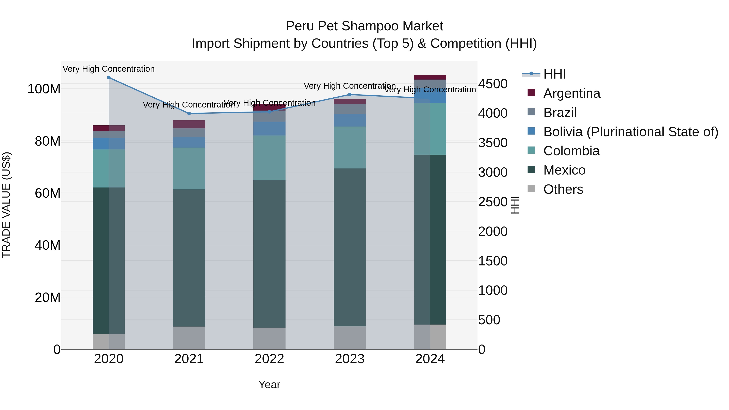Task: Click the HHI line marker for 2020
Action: coord(109,78)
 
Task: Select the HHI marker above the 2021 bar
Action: coord(189,113)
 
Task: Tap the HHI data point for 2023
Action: coord(350,95)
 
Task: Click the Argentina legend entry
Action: coord(571,93)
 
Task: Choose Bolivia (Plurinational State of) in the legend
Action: coord(631,132)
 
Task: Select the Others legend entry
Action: coord(563,189)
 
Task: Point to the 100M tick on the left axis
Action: coord(44,89)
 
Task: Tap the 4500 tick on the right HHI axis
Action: coord(493,84)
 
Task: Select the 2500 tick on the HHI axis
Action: coord(493,202)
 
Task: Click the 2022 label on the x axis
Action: coord(269,359)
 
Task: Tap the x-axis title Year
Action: coord(269,384)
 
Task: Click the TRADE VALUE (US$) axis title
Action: coord(6,205)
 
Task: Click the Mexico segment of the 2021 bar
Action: coord(189,258)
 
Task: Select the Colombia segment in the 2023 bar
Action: coord(350,147)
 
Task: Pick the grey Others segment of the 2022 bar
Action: coord(269,338)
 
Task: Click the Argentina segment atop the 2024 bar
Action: coord(430,77)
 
